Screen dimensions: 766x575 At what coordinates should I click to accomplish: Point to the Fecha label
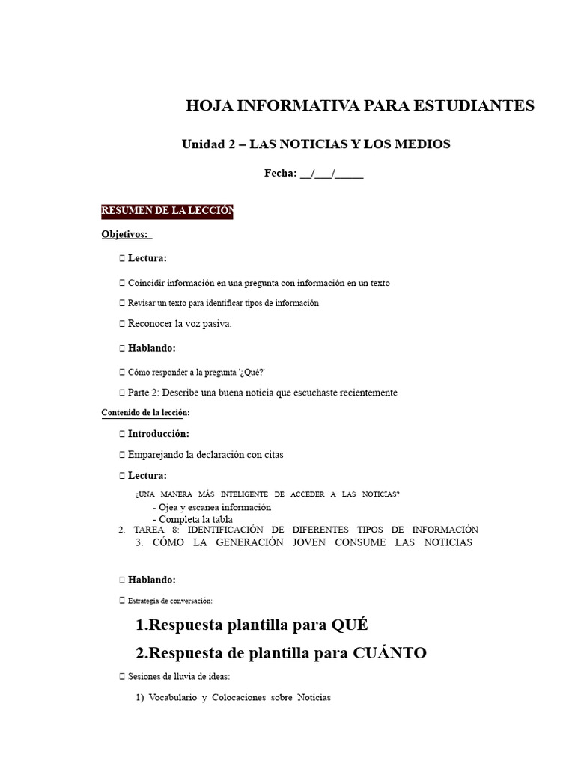[x=280, y=174]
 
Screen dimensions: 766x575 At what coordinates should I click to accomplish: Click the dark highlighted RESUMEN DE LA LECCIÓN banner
[x=168, y=212]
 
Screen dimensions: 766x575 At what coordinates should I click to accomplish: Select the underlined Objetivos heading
[x=125, y=234]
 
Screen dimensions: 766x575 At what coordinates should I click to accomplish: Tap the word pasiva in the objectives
[x=214, y=324]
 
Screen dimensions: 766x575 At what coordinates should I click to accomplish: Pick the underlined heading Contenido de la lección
[x=145, y=412]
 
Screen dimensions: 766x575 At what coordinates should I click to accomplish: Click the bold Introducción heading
[x=158, y=434]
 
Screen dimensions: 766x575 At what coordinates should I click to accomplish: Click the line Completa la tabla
[x=192, y=519]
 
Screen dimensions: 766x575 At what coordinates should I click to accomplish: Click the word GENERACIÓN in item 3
[x=246, y=542]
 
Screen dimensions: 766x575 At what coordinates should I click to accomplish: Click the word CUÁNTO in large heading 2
[x=390, y=653]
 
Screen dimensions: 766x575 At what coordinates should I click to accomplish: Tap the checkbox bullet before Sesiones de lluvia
[x=122, y=677]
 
